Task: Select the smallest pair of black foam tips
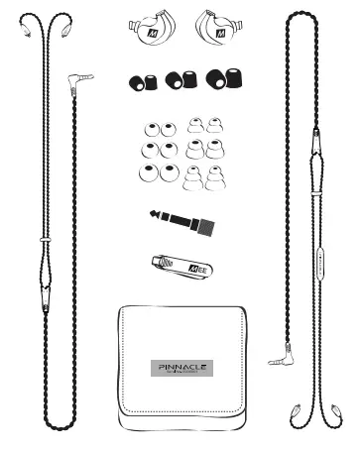[x=143, y=81]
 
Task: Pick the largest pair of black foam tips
[x=221, y=79]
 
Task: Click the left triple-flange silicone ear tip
[x=193, y=178]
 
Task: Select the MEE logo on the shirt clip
[x=196, y=266]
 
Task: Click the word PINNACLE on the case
[x=182, y=366]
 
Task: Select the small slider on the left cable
[x=45, y=238]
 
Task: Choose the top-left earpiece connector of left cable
[x=26, y=27]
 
